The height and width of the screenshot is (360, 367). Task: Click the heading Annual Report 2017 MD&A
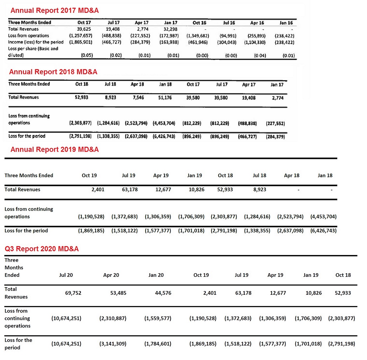[x=55, y=11]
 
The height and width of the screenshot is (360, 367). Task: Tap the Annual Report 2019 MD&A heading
[x=55, y=150]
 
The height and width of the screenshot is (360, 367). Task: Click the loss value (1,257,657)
[x=80, y=35]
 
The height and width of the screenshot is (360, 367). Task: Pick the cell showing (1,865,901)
[x=80, y=42]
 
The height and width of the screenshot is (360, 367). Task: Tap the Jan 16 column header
[x=287, y=23]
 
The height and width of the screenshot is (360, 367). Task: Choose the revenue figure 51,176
[x=164, y=97]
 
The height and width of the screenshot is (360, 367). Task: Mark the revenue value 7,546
[x=138, y=97]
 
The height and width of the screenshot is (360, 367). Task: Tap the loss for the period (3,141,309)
[x=113, y=344]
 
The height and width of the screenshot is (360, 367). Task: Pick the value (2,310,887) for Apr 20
[x=113, y=318]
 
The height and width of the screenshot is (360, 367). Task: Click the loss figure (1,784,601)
[x=158, y=344]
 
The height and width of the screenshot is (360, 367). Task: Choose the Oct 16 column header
[x=200, y=23]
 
